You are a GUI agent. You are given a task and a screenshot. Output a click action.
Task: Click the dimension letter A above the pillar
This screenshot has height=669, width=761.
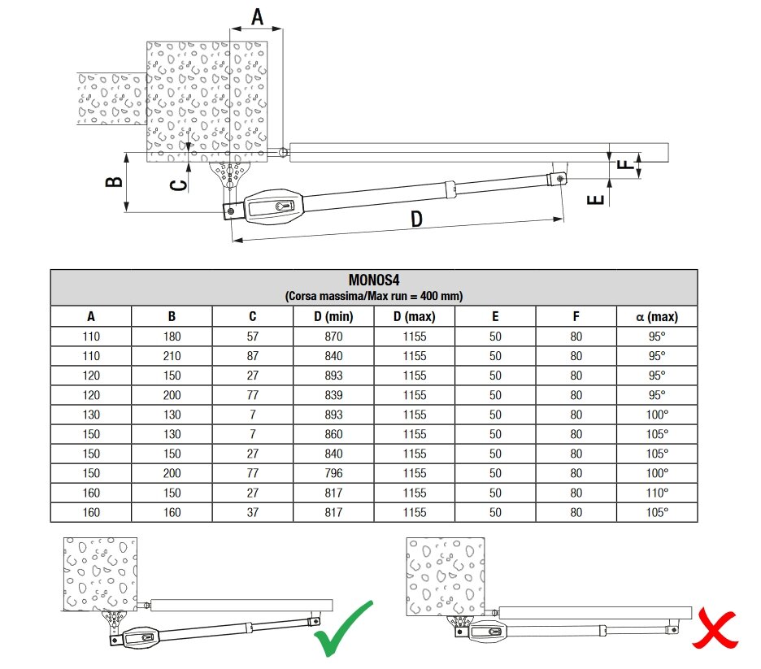point(257,16)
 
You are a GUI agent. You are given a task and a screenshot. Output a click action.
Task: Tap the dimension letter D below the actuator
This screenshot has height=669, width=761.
point(415,219)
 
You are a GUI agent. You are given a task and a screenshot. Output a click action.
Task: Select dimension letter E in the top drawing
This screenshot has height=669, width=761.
point(596,196)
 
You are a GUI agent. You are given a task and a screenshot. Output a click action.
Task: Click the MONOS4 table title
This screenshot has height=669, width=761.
point(374,280)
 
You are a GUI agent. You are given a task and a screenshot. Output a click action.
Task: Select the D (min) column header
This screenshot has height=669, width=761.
point(333,317)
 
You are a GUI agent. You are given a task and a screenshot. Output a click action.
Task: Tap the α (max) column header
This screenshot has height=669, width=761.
point(656,317)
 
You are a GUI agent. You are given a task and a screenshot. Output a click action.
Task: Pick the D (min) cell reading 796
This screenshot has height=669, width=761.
point(333,473)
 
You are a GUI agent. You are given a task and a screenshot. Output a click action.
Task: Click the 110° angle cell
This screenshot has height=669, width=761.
point(656,493)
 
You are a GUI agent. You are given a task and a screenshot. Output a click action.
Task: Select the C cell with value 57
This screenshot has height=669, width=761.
point(253,337)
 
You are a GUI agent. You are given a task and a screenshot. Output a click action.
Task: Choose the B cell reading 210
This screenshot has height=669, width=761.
point(172,356)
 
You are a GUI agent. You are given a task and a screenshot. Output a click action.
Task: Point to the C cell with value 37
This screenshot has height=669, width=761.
point(253,512)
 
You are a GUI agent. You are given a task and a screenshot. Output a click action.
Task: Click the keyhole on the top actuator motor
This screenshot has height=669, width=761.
point(282,206)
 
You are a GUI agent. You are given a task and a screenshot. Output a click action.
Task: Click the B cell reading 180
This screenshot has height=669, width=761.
point(172,337)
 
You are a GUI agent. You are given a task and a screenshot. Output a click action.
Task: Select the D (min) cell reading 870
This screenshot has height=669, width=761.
point(333,337)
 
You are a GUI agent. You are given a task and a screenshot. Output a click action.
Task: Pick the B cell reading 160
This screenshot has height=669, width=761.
point(172,512)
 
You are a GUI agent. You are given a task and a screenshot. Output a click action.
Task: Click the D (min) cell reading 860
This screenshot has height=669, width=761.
point(333,434)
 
